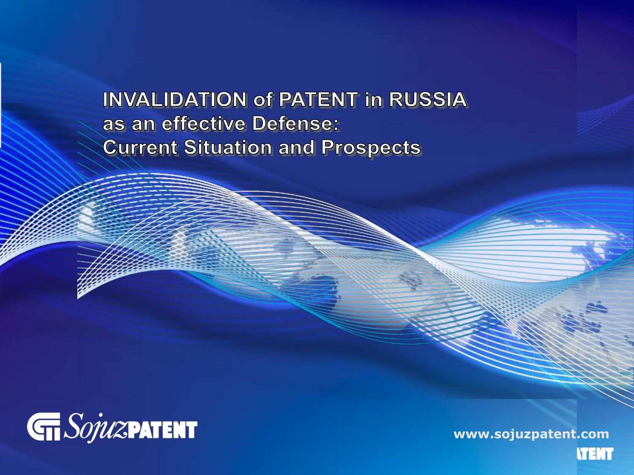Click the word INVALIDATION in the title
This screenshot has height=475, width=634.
point(175,100)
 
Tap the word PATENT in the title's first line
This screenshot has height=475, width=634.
point(319,100)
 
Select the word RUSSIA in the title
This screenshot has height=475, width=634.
point(428,100)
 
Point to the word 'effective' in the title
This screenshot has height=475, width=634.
point(204,123)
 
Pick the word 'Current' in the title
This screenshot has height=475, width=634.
point(140,147)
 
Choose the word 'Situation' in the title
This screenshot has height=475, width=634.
point(228,147)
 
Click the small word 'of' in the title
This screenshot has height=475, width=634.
point(263,100)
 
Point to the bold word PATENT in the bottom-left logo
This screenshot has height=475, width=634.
point(162,430)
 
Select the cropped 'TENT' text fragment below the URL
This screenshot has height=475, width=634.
point(595,454)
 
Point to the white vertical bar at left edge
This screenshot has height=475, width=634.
point(0,105)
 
